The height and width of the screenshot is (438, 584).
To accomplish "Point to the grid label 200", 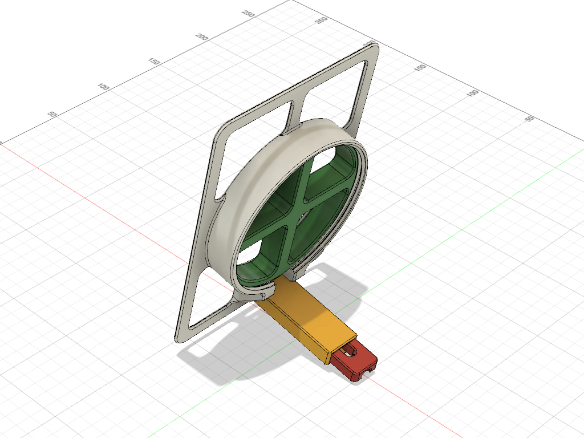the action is (x=201, y=37).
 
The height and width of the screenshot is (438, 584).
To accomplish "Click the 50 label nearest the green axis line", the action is (x=529, y=119).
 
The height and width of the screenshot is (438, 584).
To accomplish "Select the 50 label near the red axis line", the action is (x=52, y=113).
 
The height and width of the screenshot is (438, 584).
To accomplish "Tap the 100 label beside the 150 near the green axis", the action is (x=472, y=93).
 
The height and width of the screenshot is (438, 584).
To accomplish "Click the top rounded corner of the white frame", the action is (x=374, y=46).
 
